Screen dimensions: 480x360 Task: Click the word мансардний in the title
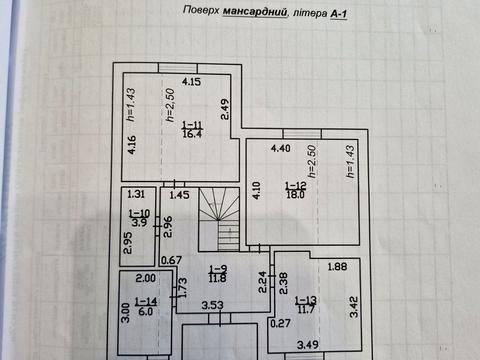[255, 12]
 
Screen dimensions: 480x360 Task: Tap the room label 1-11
[192, 126]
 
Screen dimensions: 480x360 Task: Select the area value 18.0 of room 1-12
[295, 194]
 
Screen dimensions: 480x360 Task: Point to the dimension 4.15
[191, 82]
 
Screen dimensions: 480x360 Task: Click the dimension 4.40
[281, 148]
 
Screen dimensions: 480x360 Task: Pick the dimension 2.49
[225, 109]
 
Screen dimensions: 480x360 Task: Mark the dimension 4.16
[132, 145]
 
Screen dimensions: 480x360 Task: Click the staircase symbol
[219, 219]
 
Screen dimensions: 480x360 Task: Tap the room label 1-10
[139, 213]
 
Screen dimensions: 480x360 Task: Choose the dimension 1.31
[136, 194]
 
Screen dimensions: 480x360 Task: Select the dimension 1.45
[179, 195]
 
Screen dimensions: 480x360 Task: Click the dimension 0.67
[171, 260]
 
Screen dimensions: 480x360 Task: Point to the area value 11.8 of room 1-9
[218, 278]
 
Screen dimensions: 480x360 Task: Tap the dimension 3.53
[212, 305]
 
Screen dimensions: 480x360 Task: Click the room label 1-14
[146, 302]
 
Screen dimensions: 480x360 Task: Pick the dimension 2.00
[146, 278]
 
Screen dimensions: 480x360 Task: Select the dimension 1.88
[337, 266]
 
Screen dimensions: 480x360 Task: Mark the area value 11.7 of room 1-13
[305, 310]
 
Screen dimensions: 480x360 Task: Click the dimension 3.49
[308, 345]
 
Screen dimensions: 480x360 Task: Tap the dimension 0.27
[280, 323]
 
